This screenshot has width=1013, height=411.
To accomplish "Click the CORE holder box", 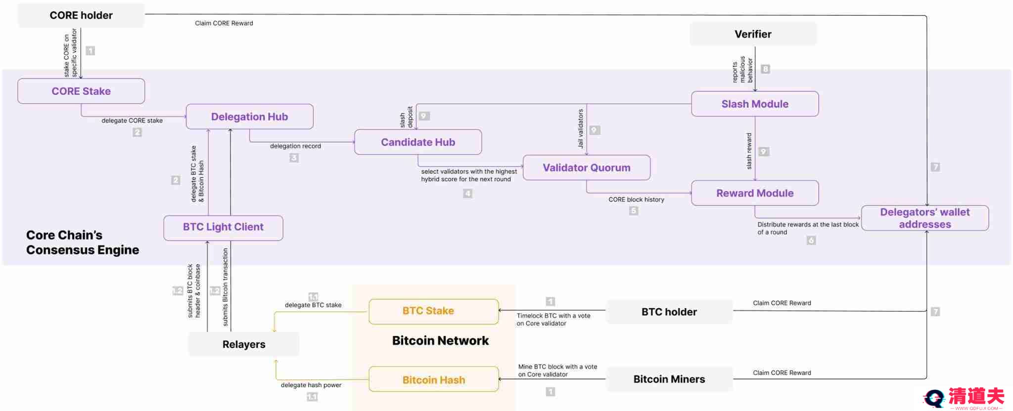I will pyautogui.click(x=81, y=15).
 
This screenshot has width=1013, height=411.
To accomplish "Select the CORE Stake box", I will pyautogui.click(x=81, y=91).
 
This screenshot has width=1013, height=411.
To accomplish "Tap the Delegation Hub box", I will pyautogui.click(x=249, y=117).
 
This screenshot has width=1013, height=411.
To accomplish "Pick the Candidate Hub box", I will pyautogui.click(x=418, y=142).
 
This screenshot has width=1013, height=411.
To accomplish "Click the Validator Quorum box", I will pyautogui.click(x=586, y=167).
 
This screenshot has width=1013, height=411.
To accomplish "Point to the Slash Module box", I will pyautogui.click(x=755, y=104).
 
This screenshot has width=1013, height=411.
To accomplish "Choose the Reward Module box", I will pyautogui.click(x=755, y=193).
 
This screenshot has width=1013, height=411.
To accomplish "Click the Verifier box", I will pyautogui.click(x=753, y=34).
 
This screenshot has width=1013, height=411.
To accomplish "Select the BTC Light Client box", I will pyautogui.click(x=223, y=227).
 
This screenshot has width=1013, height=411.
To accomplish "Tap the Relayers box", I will pyautogui.click(x=243, y=344).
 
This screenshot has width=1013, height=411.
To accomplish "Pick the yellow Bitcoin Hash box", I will pyautogui.click(x=433, y=380).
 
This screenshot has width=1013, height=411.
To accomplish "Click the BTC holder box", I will pyautogui.click(x=669, y=312).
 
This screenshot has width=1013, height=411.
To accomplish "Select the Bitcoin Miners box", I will pyautogui.click(x=669, y=379).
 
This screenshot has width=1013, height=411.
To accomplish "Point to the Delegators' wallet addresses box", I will pyautogui.click(x=924, y=218).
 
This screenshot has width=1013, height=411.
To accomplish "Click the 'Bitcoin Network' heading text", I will pyautogui.click(x=440, y=340).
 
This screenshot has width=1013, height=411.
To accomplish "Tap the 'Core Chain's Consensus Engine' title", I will pyautogui.click(x=82, y=243).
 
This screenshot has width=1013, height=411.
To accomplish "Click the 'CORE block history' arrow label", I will pyautogui.click(x=636, y=200).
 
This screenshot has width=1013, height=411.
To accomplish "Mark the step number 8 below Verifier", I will pyautogui.click(x=765, y=69).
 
